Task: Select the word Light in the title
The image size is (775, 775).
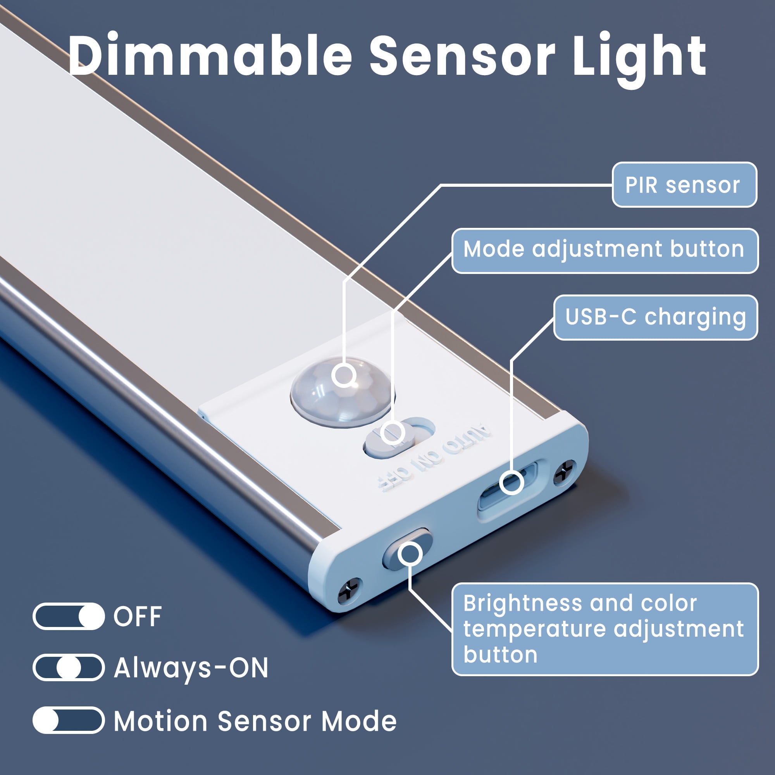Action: click(x=639, y=59)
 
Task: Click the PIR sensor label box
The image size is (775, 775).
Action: click(x=684, y=184)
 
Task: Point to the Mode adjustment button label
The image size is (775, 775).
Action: click(x=605, y=251)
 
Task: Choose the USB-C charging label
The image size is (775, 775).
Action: click(x=656, y=317)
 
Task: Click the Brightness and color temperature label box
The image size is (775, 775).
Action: click(x=605, y=629)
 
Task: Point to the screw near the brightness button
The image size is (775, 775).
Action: click(x=349, y=591)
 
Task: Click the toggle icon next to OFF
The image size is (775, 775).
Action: click(x=69, y=616)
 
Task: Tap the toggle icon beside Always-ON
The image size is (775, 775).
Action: click(x=69, y=668)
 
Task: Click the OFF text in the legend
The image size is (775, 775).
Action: click(x=138, y=617)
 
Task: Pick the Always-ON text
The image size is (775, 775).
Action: click(x=191, y=668)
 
